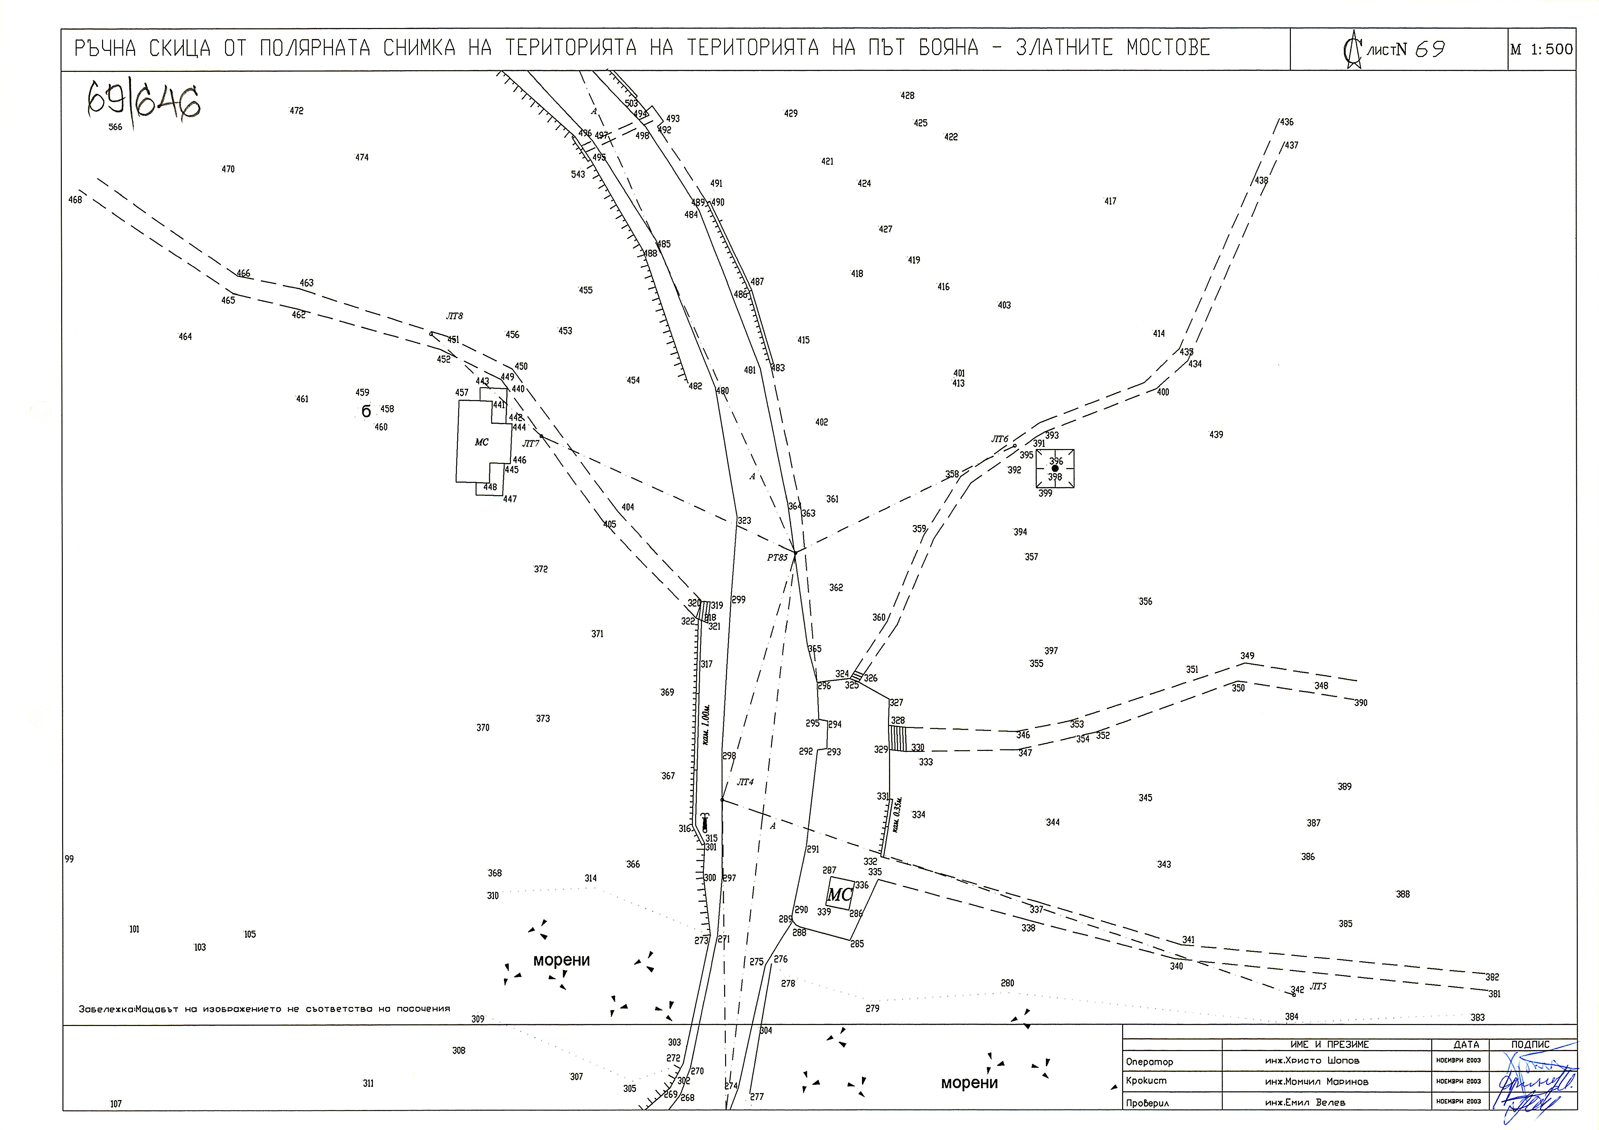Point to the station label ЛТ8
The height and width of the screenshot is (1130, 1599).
454,316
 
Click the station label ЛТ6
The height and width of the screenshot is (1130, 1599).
999,440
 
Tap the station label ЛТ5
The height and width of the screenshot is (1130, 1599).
1318,986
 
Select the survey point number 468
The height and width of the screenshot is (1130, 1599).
75,200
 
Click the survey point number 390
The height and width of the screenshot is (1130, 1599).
1361,703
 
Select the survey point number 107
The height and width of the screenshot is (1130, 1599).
116,1104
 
